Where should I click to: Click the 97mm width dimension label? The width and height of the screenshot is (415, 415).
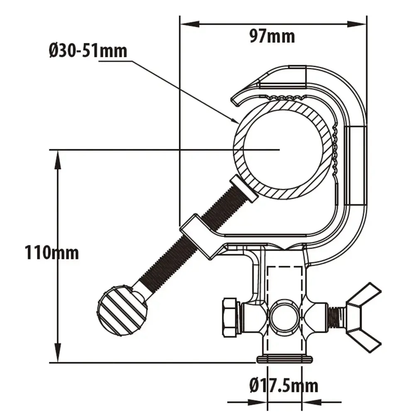click(x=272, y=37)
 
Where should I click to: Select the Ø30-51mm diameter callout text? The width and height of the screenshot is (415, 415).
click(x=88, y=51)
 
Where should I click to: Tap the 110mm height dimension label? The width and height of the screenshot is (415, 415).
click(x=51, y=252)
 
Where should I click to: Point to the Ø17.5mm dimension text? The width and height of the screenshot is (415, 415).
click(x=284, y=386)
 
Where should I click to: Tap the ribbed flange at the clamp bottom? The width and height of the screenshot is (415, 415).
click(x=284, y=359)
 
